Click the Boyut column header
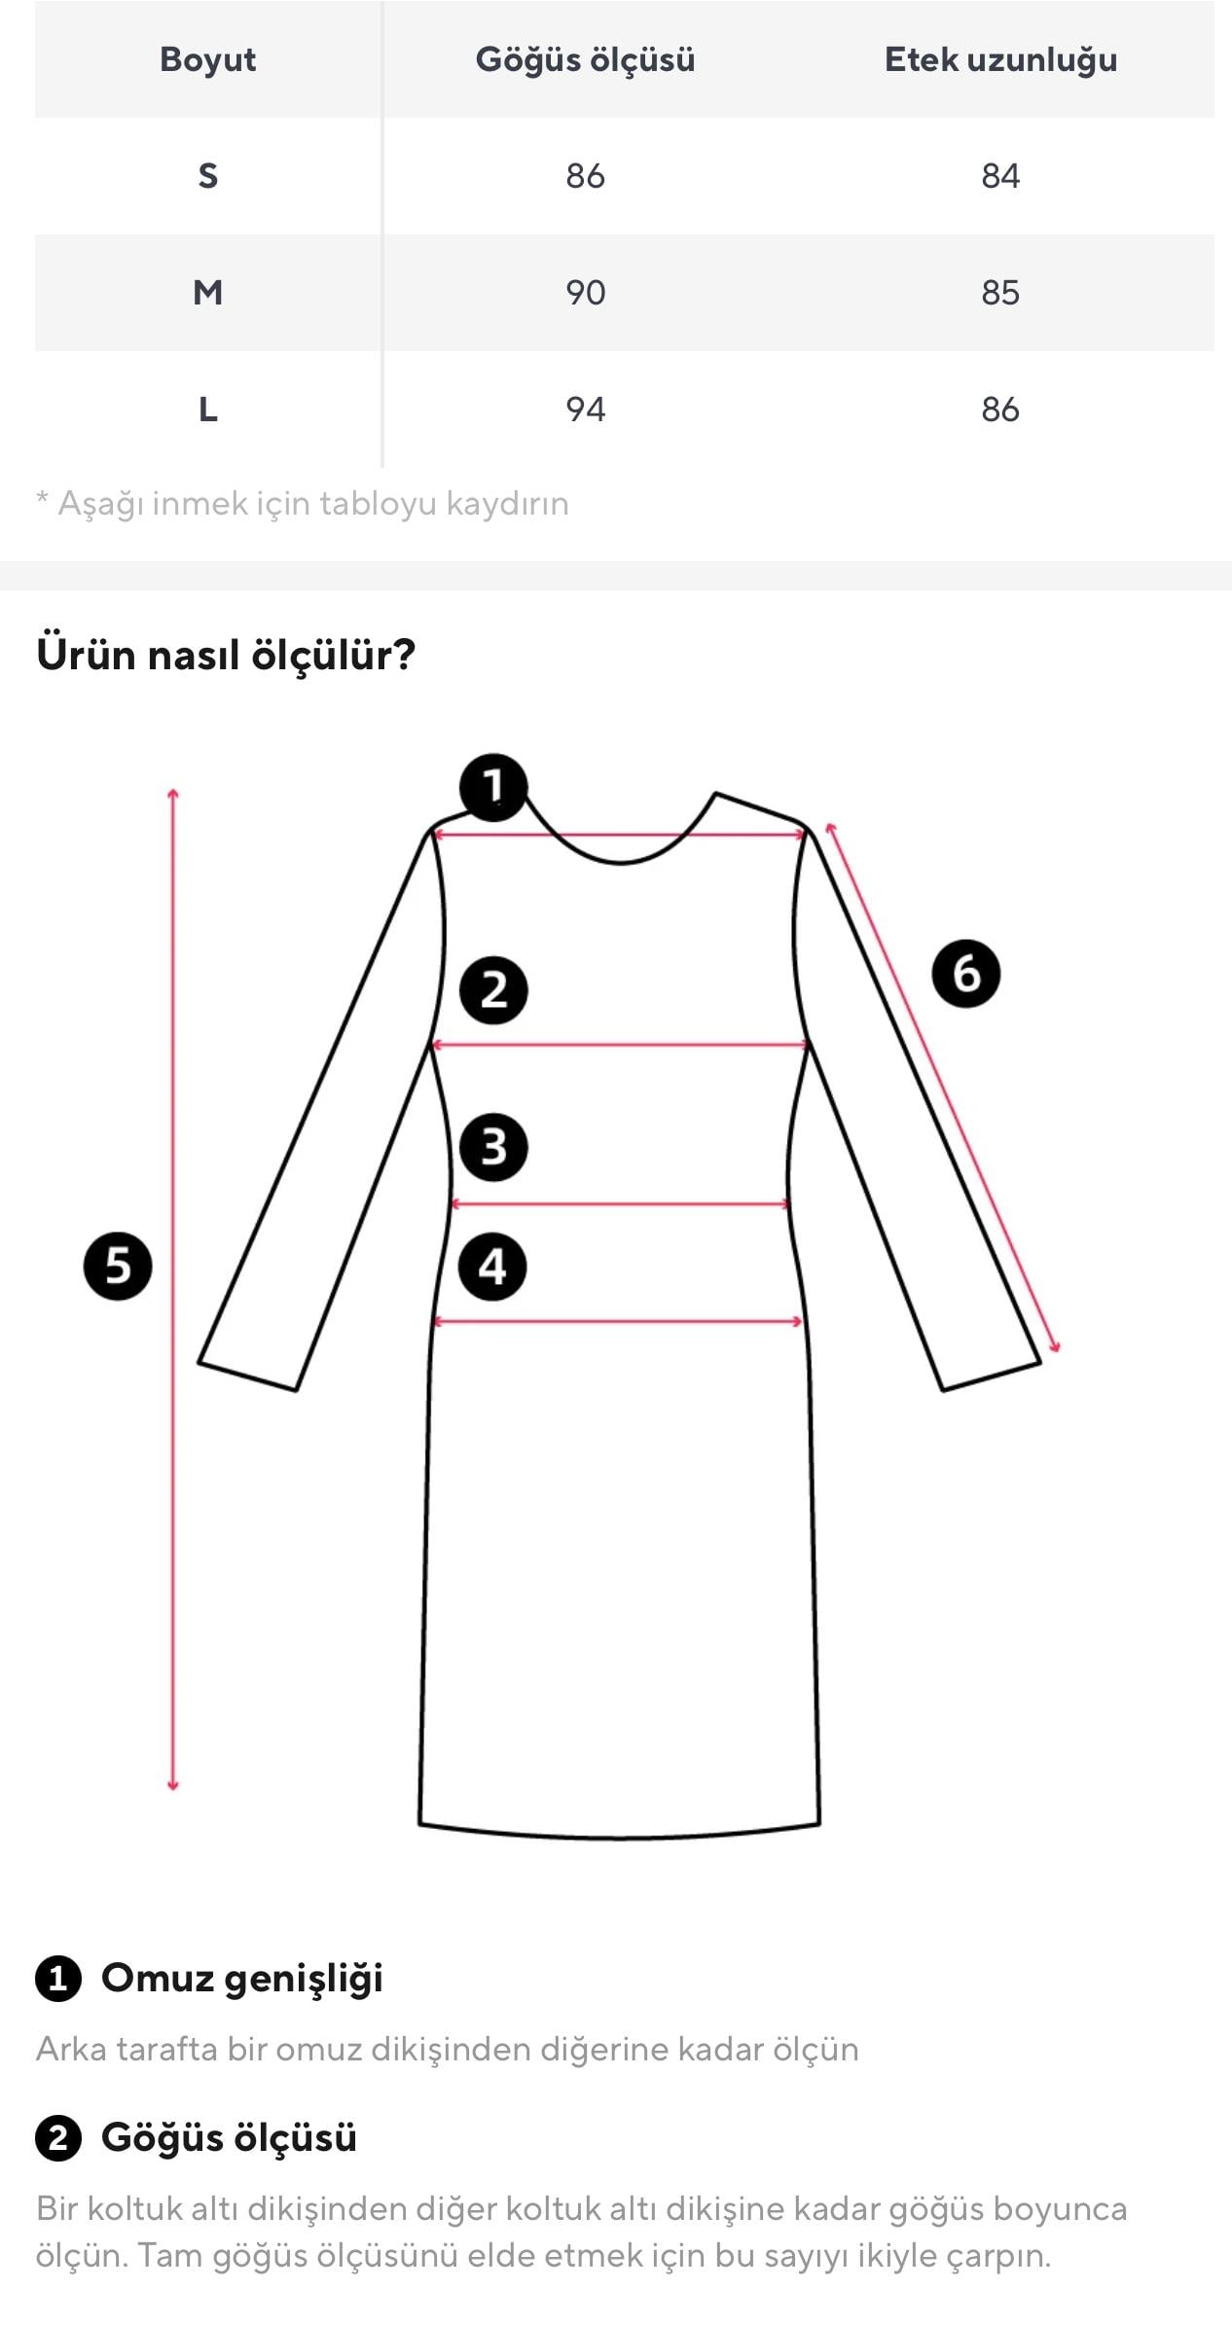click(x=207, y=59)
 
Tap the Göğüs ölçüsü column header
click(x=585, y=59)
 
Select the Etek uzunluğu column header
click(x=1000, y=59)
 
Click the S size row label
click(x=207, y=176)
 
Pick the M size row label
click(x=207, y=293)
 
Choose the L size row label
click(x=207, y=410)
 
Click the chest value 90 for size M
click(x=585, y=293)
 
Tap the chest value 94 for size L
click(x=585, y=410)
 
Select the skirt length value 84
click(x=1000, y=176)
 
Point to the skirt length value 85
click(x=1000, y=293)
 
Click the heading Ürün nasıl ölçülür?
click(x=226, y=655)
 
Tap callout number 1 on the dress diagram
click(x=493, y=786)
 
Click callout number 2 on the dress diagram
click(x=493, y=990)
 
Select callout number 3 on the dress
click(x=493, y=1147)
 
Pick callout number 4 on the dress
click(x=492, y=1267)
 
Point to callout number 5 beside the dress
click(x=118, y=1266)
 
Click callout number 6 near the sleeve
click(x=965, y=973)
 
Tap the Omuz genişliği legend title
click(x=242, y=1978)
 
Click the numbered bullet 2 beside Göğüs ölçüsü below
click(x=58, y=2139)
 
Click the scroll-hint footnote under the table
click(x=303, y=504)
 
